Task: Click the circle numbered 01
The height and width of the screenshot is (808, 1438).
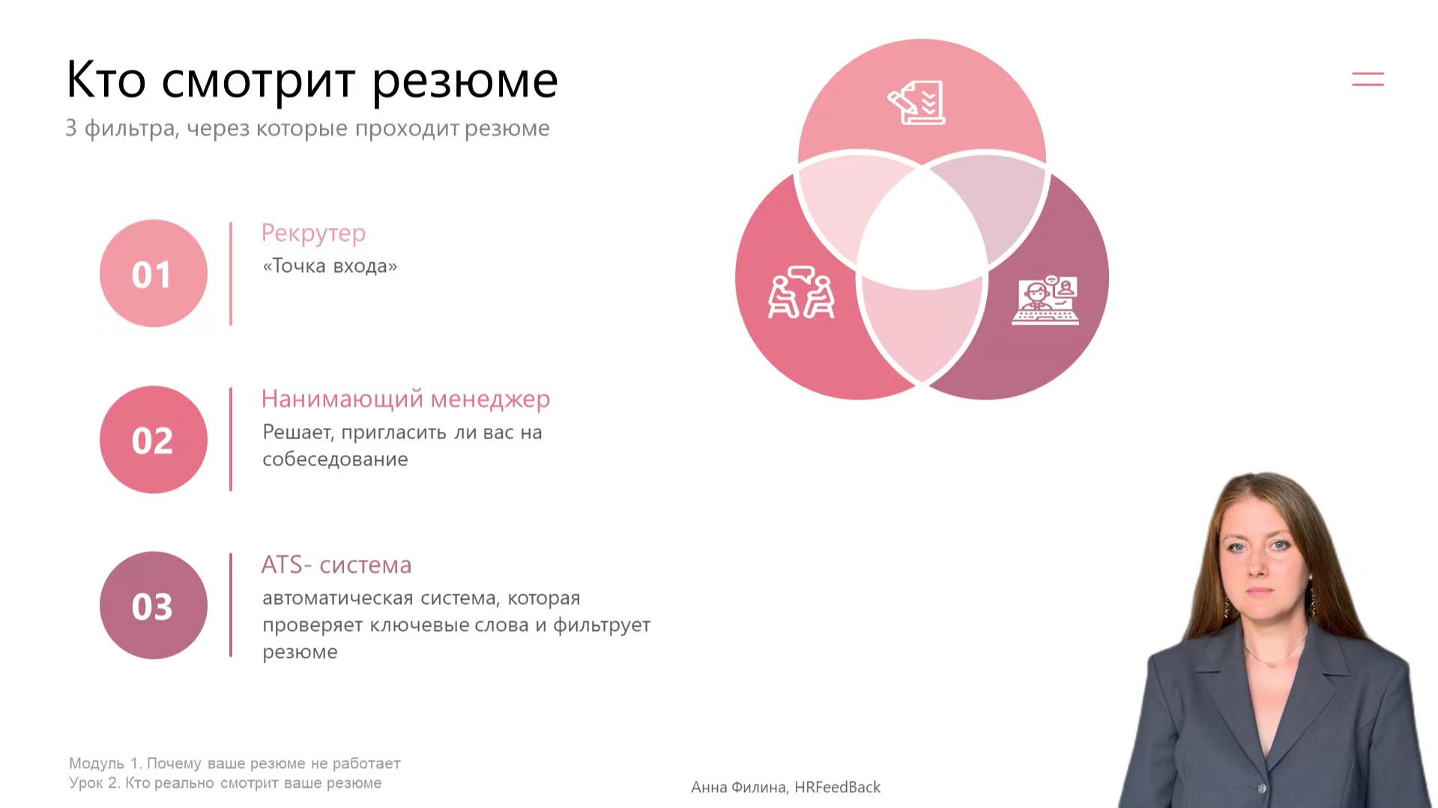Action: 153,274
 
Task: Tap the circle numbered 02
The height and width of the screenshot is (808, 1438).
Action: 153,440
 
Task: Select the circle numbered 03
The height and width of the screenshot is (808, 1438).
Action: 153,606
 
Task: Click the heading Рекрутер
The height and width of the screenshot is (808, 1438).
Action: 313,233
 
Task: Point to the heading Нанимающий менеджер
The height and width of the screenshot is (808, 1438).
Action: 405,399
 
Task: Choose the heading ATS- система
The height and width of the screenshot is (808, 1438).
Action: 336,564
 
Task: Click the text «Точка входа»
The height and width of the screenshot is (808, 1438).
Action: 330,266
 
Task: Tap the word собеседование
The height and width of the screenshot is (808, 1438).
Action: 335,459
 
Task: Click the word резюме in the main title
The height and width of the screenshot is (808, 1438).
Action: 465,81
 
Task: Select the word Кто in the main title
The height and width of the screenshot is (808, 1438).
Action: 106,79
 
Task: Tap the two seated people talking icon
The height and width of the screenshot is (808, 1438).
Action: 801,292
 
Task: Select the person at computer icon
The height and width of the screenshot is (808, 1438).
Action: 1045,300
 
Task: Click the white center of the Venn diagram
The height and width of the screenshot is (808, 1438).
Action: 922,225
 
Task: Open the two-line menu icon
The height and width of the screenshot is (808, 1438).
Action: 1368,79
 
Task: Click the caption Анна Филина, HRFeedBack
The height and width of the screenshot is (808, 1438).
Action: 785,787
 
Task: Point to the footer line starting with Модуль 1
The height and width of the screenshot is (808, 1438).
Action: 235,763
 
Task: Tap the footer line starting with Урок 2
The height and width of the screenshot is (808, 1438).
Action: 225,783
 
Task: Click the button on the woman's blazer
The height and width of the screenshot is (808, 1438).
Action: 1261,788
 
